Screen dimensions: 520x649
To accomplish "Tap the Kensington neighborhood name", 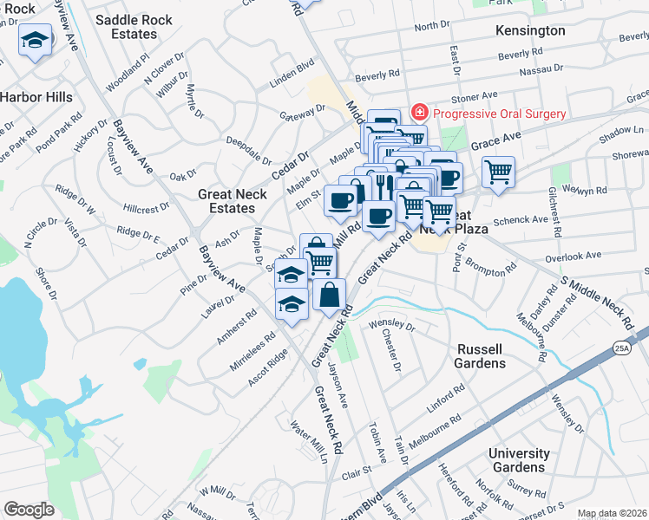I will click(529, 30).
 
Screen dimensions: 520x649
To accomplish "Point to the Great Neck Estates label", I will click(233, 201).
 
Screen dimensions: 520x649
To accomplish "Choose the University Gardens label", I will click(519, 460).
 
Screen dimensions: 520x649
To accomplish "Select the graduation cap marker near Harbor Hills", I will click(36, 40).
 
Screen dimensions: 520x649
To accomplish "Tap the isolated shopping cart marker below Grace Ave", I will click(498, 173).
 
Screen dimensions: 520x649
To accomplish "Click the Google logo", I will click(29, 510).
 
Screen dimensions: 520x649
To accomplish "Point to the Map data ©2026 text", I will click(612, 513).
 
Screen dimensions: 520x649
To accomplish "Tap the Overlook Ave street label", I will click(574, 257).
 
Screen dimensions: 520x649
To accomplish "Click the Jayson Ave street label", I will click(339, 388).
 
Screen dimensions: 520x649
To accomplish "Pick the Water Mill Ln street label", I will click(308, 441).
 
